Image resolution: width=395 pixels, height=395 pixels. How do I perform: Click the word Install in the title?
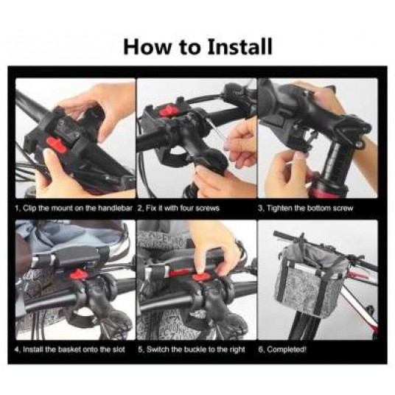coord(240,46)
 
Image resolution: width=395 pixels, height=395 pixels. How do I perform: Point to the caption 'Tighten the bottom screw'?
coord(310,209)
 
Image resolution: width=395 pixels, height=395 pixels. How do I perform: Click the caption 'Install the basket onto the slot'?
coord(74,349)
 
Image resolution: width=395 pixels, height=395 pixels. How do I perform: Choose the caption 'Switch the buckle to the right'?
coord(196,349)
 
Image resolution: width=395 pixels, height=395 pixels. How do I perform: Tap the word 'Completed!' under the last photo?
coord(287,349)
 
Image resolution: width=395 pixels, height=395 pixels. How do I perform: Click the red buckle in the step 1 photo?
coord(57,145)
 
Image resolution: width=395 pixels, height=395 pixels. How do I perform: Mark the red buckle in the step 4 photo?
coord(77,274)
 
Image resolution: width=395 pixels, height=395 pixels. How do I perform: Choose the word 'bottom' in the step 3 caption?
coord(318,209)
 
